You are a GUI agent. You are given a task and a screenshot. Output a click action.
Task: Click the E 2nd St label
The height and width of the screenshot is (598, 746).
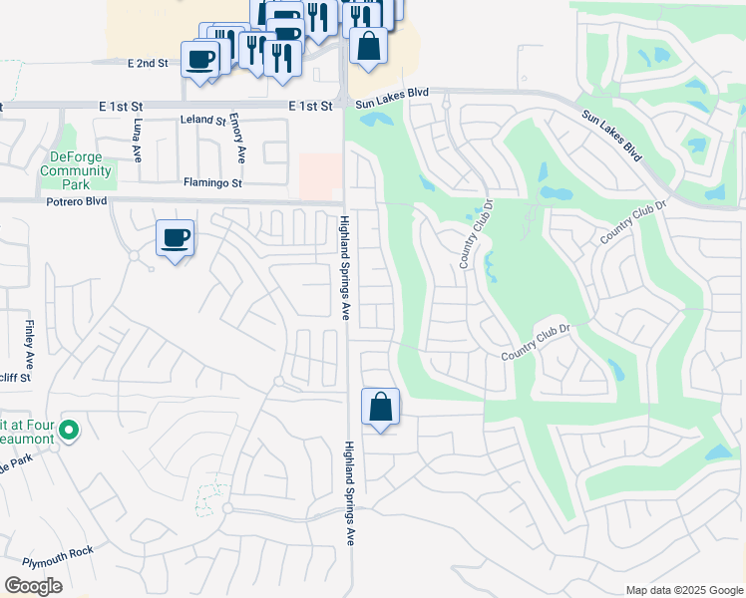click(x=148, y=63)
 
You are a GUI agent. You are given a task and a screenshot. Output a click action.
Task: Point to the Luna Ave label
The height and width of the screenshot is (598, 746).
click(x=138, y=141)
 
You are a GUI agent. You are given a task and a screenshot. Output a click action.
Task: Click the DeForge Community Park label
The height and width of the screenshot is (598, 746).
click(x=76, y=170)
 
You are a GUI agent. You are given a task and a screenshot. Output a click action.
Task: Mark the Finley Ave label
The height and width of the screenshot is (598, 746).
click(x=30, y=340)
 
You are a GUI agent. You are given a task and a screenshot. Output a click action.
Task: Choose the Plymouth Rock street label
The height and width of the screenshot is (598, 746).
click(x=58, y=551)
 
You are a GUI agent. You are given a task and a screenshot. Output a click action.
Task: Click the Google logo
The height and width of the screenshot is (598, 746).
click(x=33, y=586)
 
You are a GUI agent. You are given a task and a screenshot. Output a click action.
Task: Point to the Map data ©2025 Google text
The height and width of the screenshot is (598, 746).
click(x=683, y=590)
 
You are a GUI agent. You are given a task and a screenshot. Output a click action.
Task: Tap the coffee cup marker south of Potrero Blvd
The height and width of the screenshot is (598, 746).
click(x=176, y=238)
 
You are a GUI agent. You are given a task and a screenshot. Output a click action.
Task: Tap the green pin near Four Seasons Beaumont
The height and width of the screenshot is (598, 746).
click(x=69, y=432)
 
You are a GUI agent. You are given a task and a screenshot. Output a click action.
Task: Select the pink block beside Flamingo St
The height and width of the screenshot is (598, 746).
click(x=319, y=176)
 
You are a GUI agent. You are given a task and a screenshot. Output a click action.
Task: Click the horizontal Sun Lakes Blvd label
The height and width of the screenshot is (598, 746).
click(x=392, y=93)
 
